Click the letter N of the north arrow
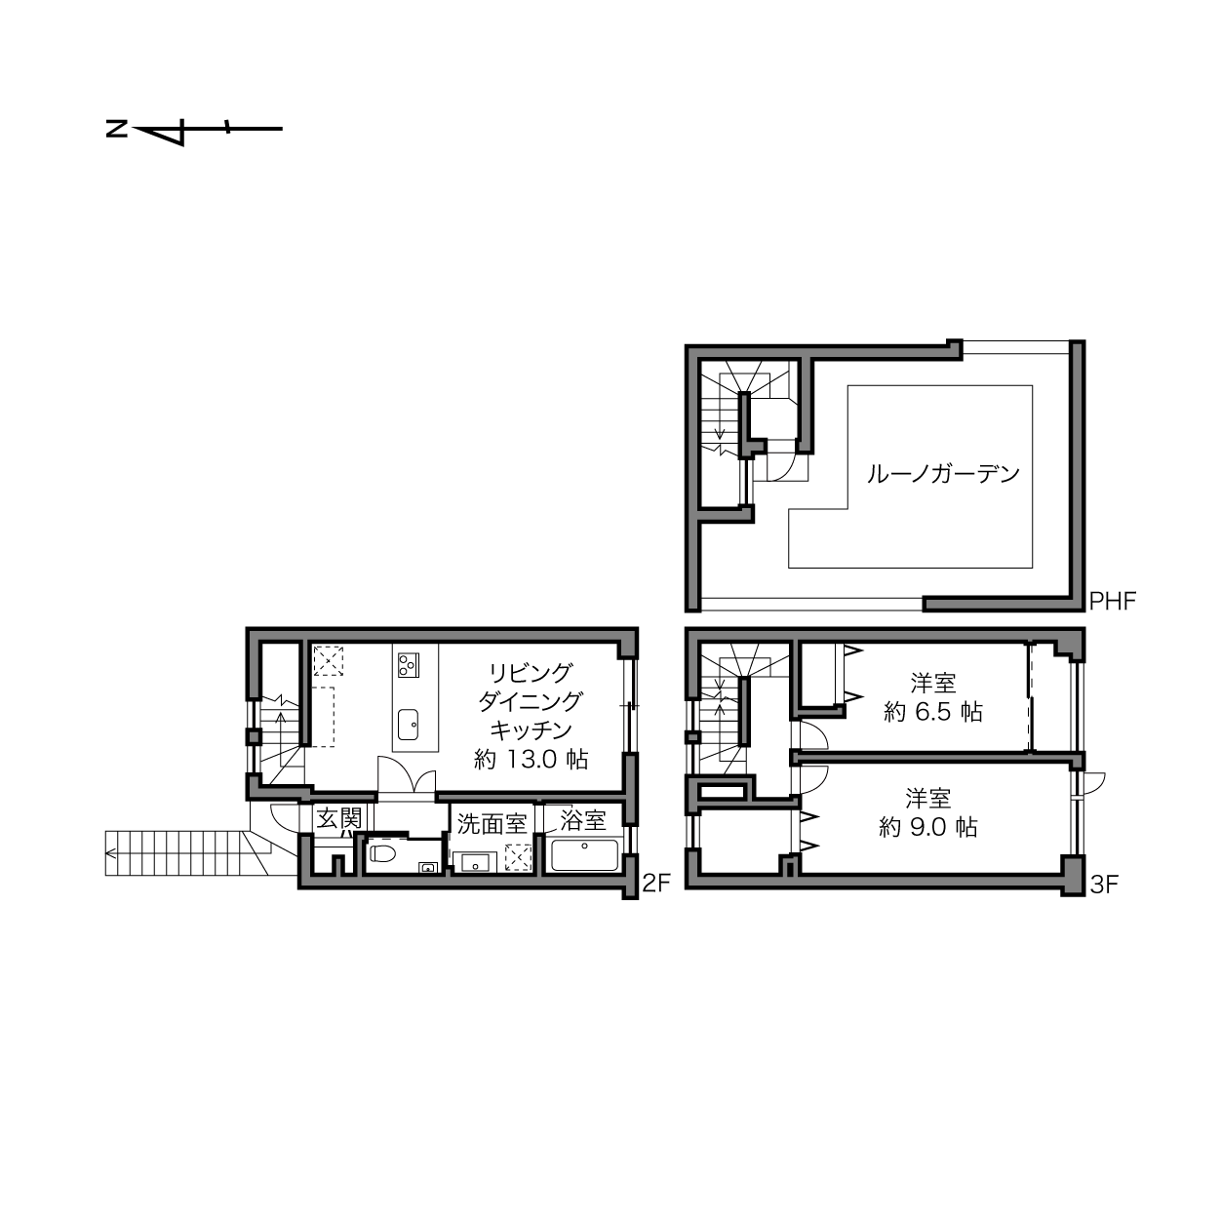[116, 130]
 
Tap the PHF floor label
[1112, 601]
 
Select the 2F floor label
[655, 883]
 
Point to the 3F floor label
[1104, 885]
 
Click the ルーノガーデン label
[943, 473]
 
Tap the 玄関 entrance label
[339, 818]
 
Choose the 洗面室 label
[492, 824]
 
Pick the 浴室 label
[583, 820]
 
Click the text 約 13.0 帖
[531, 759]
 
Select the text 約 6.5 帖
[932, 712]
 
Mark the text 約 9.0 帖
[928, 827]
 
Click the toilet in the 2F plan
[382, 854]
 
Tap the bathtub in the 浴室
[584, 854]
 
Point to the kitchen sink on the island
[408, 725]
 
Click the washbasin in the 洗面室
[475, 862]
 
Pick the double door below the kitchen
[407, 774]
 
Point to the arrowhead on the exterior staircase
[109, 853]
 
